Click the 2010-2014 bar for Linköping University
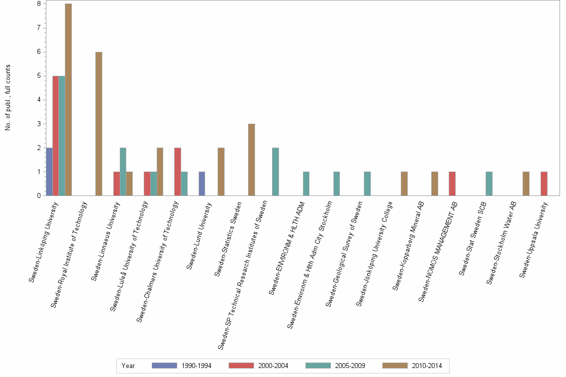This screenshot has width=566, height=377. tap(68, 100)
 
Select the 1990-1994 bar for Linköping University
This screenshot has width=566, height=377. tap(49, 172)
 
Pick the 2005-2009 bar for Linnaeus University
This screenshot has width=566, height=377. tap(123, 172)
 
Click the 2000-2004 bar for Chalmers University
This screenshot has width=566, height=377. tap(177, 172)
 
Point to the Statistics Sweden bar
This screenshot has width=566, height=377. tap(252, 160)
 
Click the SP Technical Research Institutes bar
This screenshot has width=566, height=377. tap(276, 172)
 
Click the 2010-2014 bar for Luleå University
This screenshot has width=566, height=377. tap(160, 172)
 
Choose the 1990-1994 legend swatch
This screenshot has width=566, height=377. tap(164, 366)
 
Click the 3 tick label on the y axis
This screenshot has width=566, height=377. tap(38, 124)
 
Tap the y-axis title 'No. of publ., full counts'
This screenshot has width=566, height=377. tap(8, 98)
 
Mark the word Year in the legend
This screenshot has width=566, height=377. tap(128, 366)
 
